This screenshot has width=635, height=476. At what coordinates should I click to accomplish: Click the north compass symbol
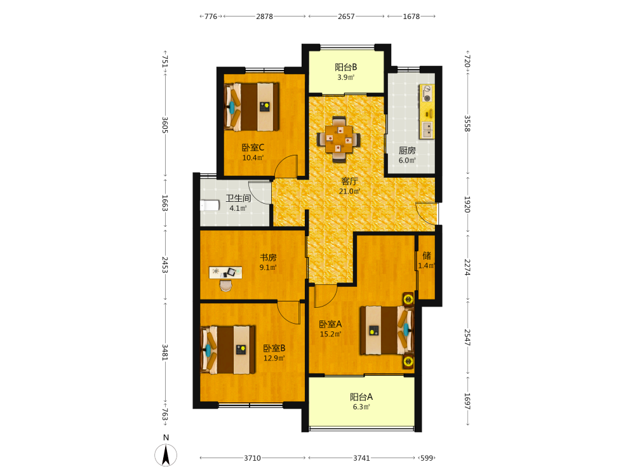click(166, 454)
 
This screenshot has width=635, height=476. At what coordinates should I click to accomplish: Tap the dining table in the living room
click(338, 140)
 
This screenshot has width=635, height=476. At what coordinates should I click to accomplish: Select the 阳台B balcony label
click(346, 67)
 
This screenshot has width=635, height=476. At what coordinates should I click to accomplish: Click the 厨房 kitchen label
click(407, 150)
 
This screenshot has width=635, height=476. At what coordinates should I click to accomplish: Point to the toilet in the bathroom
click(210, 205)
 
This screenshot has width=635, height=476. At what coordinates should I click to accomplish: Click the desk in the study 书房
click(225, 272)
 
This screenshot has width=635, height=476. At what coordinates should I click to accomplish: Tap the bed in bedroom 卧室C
click(251, 107)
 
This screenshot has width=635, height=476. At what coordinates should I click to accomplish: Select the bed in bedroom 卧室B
click(228, 350)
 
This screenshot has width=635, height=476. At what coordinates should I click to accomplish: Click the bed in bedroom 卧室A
click(387, 330)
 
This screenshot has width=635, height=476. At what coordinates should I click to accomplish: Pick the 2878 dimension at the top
click(264, 17)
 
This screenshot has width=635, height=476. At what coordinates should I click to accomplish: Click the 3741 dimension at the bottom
click(361, 458)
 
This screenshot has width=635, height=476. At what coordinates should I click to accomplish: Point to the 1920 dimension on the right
click(467, 204)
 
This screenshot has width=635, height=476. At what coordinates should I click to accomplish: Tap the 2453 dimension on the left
click(165, 264)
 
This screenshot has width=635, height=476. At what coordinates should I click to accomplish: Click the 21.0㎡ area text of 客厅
click(349, 192)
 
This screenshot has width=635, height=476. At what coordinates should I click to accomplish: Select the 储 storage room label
click(427, 255)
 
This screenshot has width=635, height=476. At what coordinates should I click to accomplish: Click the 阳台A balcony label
click(361, 397)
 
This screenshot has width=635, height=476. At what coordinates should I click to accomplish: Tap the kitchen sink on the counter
click(427, 129)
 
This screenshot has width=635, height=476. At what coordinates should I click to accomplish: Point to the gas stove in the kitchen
click(427, 93)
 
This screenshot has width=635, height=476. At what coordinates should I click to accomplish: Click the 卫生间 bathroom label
click(238, 198)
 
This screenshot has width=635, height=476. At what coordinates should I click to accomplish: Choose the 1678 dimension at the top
click(411, 17)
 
